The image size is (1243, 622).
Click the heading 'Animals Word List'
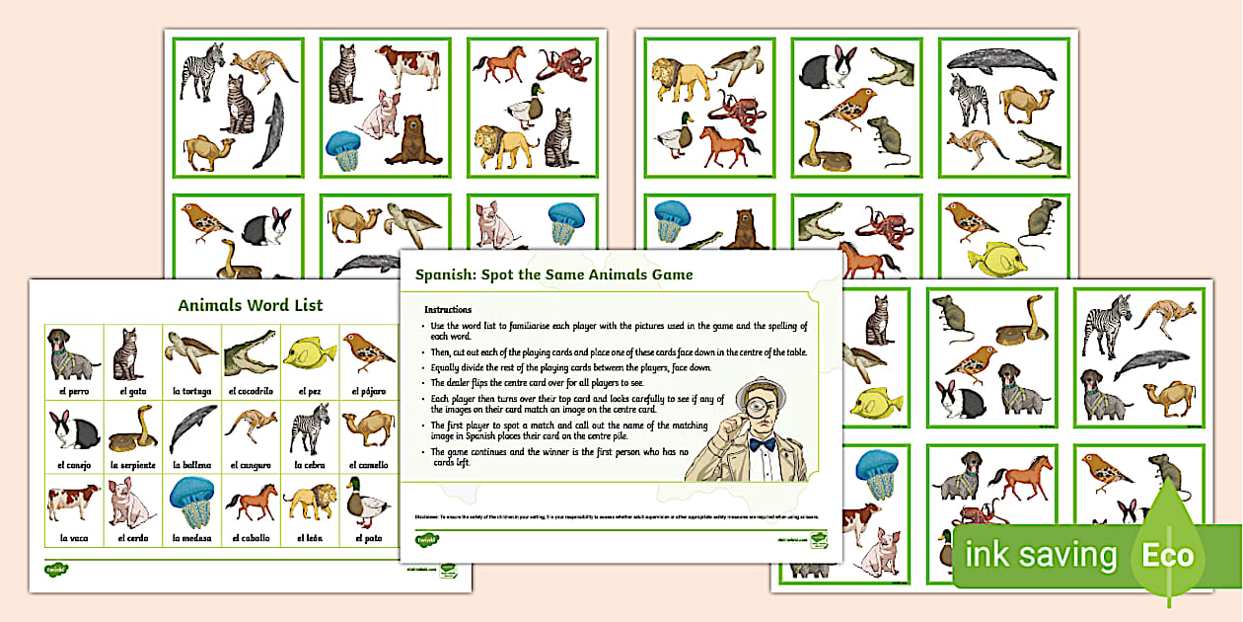click(x=250, y=305)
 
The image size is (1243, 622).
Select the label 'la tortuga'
click(x=191, y=391)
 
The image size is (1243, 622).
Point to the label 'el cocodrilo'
click(x=250, y=391)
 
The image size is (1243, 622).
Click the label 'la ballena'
click(x=191, y=464)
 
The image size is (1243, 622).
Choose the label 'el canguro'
click(x=250, y=464)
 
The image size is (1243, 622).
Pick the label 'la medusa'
click(x=191, y=538)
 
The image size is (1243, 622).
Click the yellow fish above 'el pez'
click(x=308, y=352)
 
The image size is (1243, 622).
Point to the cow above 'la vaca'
click(x=73, y=502)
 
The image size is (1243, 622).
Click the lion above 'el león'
click(x=309, y=503)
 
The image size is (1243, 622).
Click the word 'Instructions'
click(x=448, y=309)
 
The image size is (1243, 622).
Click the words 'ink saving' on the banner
click(x=1040, y=555)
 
